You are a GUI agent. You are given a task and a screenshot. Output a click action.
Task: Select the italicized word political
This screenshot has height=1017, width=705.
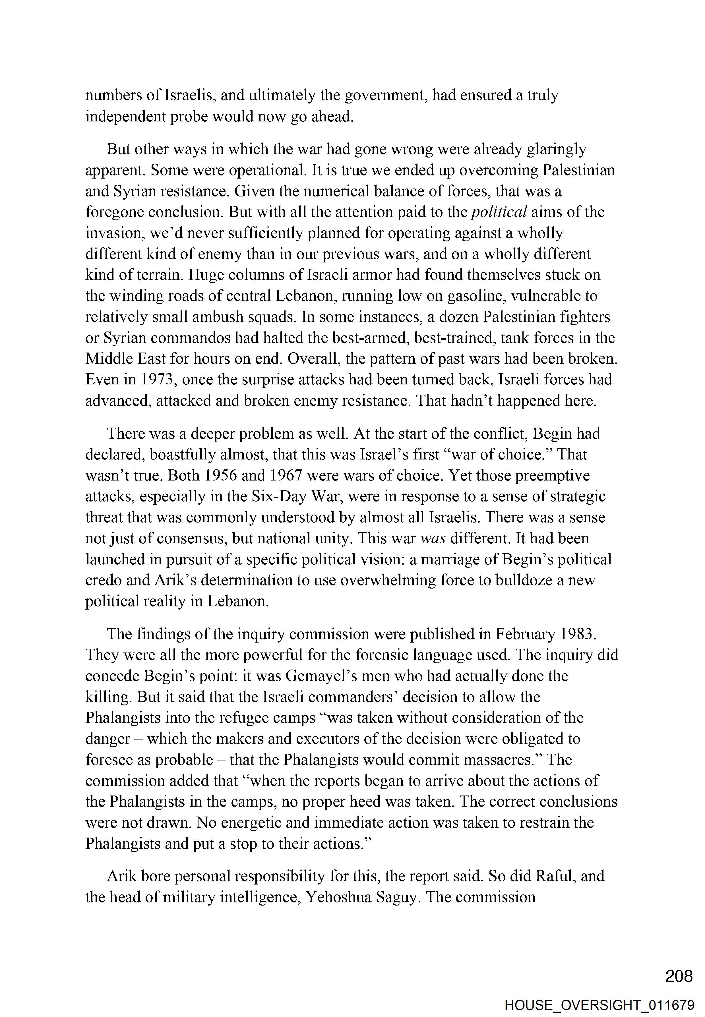point(499,212)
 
